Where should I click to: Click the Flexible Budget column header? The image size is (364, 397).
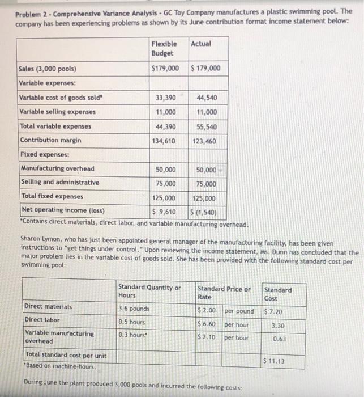click(x=164, y=48)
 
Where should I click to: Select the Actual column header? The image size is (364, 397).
click(x=201, y=44)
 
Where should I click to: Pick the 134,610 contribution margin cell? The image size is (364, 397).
click(x=164, y=140)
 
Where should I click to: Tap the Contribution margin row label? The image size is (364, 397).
click(x=50, y=140)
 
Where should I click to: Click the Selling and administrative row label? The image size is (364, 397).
click(x=59, y=182)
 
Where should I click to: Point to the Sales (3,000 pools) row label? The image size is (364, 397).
click(x=48, y=70)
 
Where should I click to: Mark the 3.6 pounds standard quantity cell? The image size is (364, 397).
click(x=134, y=309)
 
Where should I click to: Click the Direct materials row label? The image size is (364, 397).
click(x=48, y=307)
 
